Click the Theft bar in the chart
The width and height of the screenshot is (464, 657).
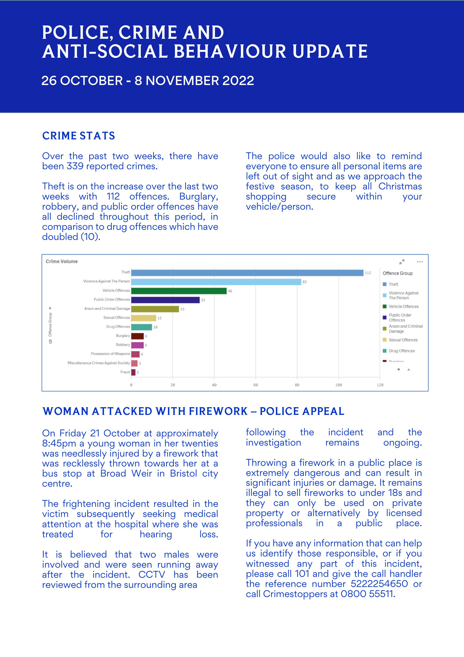247,273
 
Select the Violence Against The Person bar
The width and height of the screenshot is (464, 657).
216,282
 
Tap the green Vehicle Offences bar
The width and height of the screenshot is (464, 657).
179,291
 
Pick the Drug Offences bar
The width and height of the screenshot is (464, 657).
142,327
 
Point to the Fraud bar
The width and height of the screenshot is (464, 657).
133,372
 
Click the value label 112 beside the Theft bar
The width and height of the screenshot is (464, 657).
368,273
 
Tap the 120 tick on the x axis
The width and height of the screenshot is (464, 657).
380,385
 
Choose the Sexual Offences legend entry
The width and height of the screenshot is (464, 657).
403,340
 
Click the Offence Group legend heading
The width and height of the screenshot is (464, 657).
398,273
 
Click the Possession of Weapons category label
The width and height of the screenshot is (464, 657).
110,354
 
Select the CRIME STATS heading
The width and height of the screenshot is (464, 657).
79,136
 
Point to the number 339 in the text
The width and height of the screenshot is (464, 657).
75,166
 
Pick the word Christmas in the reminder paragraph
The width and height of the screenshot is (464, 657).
400,186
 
